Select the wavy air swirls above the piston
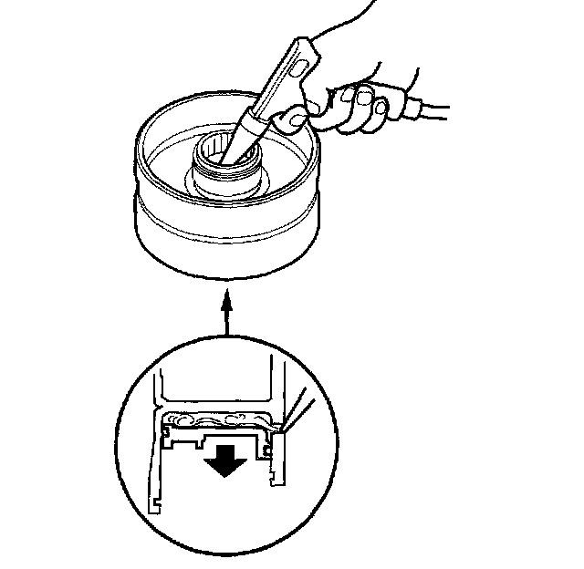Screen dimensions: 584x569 (x=214, y=420)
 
